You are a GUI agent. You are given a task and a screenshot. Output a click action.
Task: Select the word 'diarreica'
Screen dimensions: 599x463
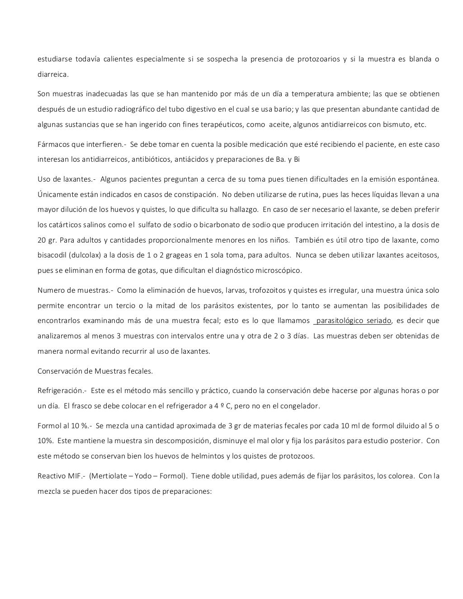point(52,74)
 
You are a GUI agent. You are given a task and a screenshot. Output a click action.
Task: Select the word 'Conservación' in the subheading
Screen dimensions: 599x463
point(59,371)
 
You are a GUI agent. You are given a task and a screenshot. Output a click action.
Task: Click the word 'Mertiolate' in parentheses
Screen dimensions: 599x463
point(109,476)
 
